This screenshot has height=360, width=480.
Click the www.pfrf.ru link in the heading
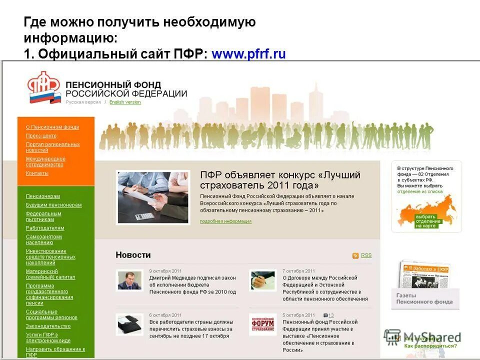coord(248,54)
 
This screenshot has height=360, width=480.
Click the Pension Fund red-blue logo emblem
coord(44,88)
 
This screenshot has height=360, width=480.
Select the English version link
coord(125,102)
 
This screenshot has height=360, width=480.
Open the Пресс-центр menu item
coord(41,135)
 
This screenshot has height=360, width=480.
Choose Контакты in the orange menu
coord(37,173)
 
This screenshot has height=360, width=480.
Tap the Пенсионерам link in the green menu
coord(43,196)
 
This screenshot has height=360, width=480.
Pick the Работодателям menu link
coord(45,228)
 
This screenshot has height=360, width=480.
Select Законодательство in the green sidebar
coord(48,326)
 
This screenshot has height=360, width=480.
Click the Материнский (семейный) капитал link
coord(50,274)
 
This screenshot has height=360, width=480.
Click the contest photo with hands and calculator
coord(153,197)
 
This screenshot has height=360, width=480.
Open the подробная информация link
coord(225,221)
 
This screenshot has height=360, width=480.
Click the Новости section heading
coord(133,255)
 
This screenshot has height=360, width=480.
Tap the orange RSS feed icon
coord(355,255)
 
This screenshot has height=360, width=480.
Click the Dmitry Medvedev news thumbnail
coord(130,280)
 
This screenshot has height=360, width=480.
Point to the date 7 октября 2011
coord(298,270)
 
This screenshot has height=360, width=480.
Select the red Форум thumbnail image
coord(262,324)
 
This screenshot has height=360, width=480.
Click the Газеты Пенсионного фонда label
coord(424,298)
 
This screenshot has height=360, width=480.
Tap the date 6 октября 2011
coord(165,315)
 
